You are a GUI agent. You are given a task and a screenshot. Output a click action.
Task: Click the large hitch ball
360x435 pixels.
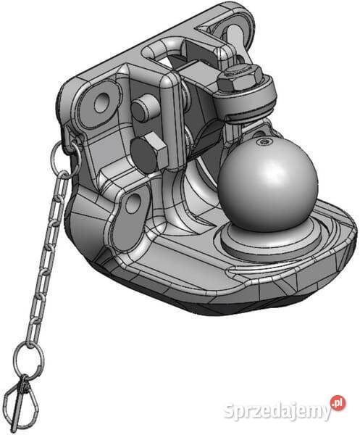click(x=267, y=185)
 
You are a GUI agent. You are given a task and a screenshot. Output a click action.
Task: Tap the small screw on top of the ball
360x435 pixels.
click(x=262, y=142)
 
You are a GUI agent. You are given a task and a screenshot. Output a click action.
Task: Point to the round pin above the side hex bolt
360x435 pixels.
click(x=145, y=108)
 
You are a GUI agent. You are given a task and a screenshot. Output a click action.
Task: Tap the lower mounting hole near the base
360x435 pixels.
click(x=133, y=203)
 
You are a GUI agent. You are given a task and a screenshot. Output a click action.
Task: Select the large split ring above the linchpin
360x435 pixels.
click(x=30, y=360)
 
